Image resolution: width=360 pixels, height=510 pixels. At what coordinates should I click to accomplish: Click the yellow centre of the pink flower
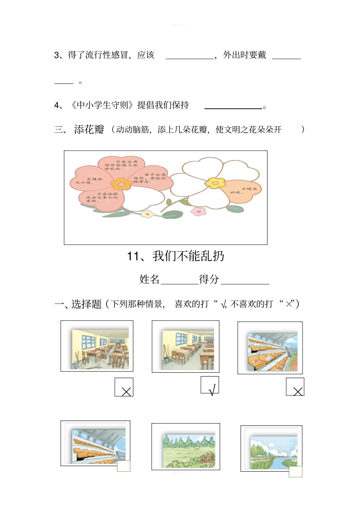[x=121, y=184]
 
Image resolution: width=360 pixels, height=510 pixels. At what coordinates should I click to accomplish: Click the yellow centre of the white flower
[x=215, y=183]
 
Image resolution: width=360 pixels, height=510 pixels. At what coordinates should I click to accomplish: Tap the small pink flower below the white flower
[x=198, y=211]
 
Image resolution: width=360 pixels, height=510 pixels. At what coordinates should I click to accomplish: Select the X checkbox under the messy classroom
[x=124, y=387]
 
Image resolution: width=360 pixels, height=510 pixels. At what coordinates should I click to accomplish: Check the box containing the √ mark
[x=210, y=385]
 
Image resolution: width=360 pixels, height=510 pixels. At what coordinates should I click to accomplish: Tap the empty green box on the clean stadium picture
[x=124, y=466]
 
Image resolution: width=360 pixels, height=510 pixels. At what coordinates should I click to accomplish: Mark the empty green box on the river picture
[x=296, y=471]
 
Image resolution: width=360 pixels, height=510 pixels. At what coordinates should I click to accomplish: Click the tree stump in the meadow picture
[x=207, y=457]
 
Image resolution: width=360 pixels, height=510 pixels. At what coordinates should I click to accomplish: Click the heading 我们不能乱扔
[x=188, y=256]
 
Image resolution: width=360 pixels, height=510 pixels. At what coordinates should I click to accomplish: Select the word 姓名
[x=149, y=279]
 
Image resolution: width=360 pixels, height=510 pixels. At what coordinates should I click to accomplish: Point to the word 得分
[x=209, y=279]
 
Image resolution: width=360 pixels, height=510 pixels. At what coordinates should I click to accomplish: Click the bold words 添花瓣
[x=89, y=130]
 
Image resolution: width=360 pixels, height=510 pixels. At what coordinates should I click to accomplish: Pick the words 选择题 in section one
[x=86, y=304]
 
